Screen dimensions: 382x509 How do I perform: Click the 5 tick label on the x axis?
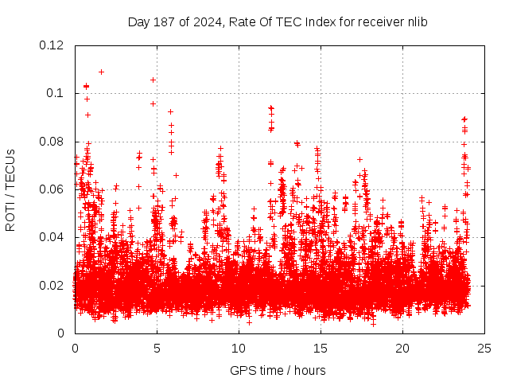pyautogui.click(x=157, y=348)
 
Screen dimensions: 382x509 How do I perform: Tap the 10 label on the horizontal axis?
pyautogui.click(x=238, y=348)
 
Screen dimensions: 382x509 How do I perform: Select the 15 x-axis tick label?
pyautogui.click(x=320, y=348)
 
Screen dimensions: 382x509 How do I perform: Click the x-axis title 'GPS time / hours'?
pyautogui.click(x=278, y=370)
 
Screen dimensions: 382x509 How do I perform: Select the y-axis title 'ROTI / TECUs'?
pyautogui.click(x=11, y=189)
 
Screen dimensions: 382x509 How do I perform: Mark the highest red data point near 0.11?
pyautogui.click(x=101, y=72)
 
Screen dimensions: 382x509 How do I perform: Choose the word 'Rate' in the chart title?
pyautogui.click(x=241, y=21)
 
